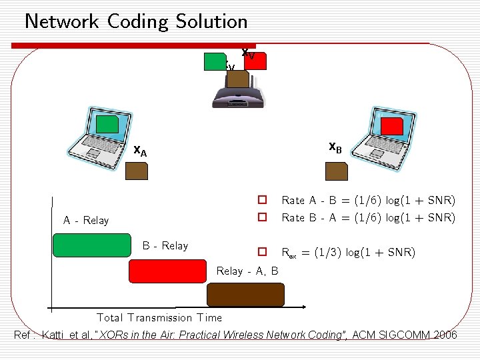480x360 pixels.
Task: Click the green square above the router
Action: [x=215, y=61]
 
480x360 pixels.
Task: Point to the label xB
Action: [x=335, y=147]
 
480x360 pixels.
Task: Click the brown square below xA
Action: [x=137, y=171]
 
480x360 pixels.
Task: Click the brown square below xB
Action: [x=336, y=171]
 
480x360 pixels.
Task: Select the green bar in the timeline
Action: [x=92, y=245]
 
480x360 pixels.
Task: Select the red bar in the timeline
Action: [x=169, y=271]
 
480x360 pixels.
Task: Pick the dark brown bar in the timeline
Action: [x=245, y=295]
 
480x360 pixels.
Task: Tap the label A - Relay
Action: [x=86, y=221]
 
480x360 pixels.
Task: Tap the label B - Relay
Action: [x=165, y=246]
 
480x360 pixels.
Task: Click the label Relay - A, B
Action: [x=247, y=271]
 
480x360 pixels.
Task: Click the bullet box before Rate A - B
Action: [x=263, y=200]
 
